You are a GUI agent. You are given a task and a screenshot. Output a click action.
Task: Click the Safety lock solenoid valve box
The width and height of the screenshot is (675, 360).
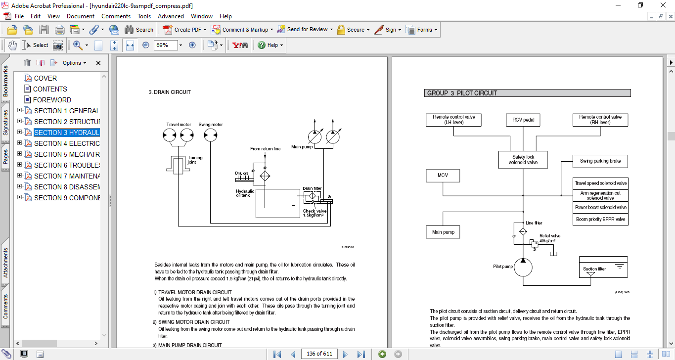pos(523,160)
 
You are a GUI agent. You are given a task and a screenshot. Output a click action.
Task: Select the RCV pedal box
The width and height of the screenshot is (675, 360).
pos(523,120)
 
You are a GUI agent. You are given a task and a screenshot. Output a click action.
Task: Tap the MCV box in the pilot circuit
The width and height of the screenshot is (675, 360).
pos(443,176)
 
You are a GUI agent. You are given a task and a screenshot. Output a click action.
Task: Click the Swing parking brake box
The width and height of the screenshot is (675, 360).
pos(600,161)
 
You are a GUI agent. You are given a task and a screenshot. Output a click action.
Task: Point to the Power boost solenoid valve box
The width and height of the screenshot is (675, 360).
pos(600,208)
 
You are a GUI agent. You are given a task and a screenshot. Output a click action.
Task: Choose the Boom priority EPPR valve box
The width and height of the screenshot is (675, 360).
pos(600,220)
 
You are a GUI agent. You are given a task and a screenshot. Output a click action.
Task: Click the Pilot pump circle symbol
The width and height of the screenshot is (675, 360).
pos(523,267)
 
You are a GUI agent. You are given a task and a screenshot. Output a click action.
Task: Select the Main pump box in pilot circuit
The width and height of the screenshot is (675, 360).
pos(444,232)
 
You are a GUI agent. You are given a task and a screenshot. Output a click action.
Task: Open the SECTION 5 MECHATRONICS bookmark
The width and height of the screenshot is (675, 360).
pos(66,154)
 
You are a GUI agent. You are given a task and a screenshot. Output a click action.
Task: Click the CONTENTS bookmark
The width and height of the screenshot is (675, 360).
pos(50,89)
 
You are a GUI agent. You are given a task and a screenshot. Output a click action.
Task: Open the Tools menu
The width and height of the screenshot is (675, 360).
pos(144,16)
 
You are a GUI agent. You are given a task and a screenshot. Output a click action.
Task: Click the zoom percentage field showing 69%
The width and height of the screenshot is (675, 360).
pos(165,45)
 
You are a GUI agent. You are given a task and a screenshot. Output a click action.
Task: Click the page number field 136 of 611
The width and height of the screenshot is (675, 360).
pos(319,354)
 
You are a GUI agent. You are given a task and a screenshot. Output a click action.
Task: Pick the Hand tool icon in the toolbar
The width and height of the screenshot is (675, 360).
pos(12,45)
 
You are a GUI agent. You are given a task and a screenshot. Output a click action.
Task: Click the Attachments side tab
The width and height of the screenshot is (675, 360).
pos(6,263)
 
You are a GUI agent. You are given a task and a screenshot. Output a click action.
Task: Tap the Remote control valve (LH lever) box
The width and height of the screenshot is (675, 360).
pos(454,120)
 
